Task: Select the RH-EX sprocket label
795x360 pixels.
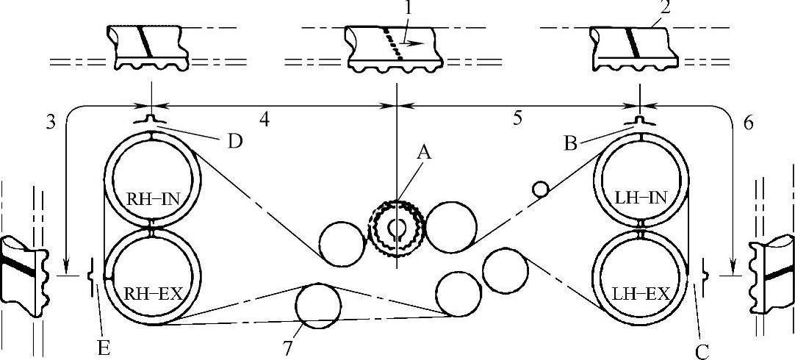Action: [151, 294]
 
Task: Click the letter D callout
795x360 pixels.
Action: [234, 140]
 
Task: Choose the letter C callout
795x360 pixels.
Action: [702, 350]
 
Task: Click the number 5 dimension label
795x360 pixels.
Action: [519, 118]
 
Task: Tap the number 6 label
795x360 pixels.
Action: [748, 123]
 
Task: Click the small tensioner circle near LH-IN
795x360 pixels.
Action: [541, 190]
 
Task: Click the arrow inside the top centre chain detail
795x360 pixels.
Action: [415, 44]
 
